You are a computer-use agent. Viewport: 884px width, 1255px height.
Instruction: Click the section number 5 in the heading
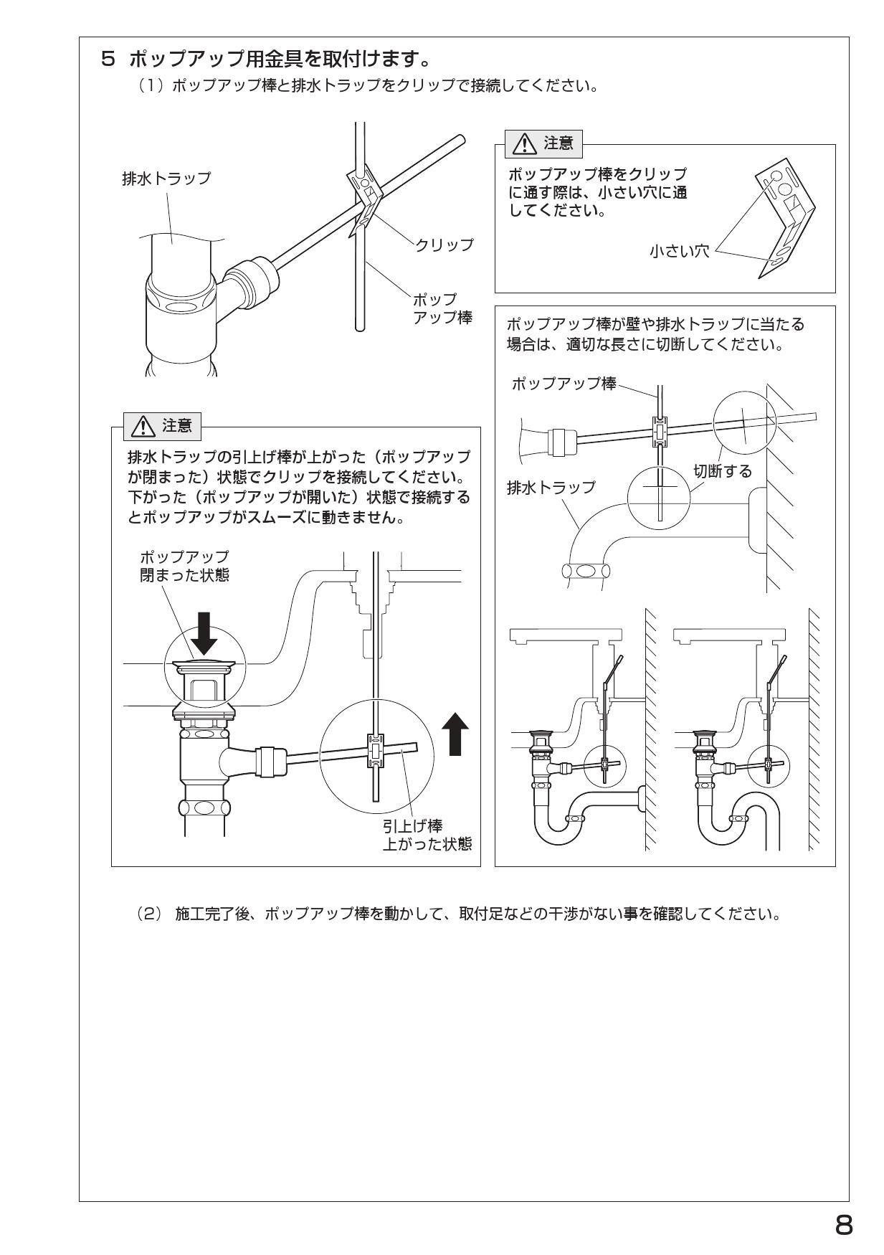click(108, 57)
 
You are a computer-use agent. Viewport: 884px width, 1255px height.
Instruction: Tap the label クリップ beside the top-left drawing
click(445, 245)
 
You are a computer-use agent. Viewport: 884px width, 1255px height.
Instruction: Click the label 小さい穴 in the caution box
click(678, 252)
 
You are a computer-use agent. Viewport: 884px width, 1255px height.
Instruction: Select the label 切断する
click(722, 471)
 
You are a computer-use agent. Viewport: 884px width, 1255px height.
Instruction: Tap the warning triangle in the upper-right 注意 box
click(525, 145)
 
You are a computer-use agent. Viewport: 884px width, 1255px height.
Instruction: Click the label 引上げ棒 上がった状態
click(426, 835)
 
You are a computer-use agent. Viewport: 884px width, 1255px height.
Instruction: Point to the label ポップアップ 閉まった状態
click(184, 566)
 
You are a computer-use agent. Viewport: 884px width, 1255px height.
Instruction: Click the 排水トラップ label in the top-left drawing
click(166, 179)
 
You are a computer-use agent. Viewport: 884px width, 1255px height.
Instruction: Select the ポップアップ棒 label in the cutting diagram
click(564, 384)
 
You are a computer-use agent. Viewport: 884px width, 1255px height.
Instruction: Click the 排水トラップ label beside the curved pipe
click(551, 488)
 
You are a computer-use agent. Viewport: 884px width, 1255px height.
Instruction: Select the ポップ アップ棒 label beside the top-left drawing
click(442, 308)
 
